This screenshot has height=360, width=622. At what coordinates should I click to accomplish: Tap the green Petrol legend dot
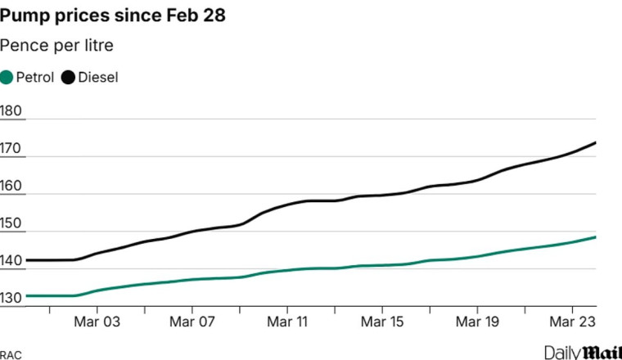[7, 78]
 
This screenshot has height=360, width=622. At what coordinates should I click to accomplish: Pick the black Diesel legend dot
[68, 78]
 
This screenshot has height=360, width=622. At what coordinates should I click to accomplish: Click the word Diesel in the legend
[98, 78]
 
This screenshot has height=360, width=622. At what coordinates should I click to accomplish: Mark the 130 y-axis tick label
[12, 299]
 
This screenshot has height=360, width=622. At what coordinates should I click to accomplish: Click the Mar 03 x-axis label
[97, 322]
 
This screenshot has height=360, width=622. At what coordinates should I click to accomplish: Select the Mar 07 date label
[192, 322]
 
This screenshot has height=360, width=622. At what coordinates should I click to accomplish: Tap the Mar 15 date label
[383, 322]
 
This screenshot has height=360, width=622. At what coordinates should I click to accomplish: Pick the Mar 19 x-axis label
[479, 322]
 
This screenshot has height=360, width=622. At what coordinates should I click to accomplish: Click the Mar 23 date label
[574, 322]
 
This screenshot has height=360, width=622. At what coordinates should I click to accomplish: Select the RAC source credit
[11, 353]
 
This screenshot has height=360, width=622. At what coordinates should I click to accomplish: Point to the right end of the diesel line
[595, 142]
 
